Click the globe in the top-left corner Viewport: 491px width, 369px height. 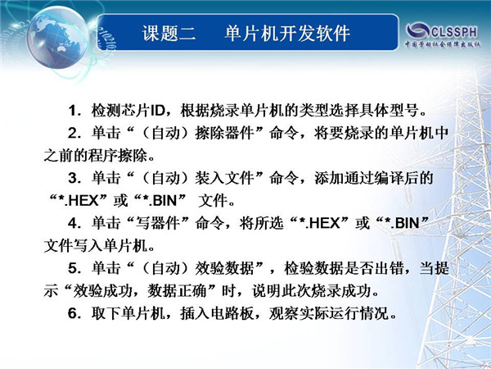[57, 38]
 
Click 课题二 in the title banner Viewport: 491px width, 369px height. [169, 33]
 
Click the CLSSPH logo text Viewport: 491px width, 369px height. [455, 32]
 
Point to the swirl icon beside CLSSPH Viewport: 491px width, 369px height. [418, 31]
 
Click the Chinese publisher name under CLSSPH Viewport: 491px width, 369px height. [443, 44]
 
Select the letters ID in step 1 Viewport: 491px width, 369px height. [158, 111]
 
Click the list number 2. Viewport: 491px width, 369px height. [74, 134]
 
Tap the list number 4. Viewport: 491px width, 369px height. [74, 223]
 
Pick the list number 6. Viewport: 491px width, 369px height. [74, 313]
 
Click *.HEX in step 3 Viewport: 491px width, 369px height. [79, 201]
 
